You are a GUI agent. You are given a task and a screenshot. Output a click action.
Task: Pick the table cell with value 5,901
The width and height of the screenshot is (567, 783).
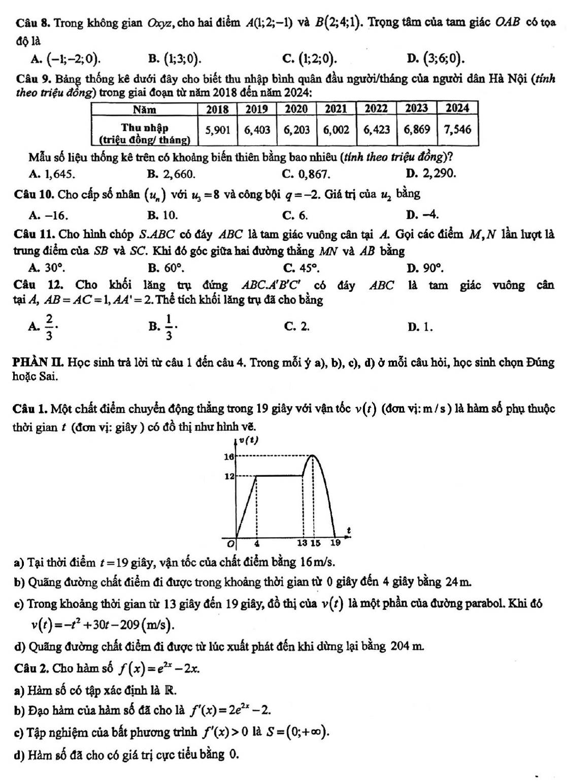point(217,129)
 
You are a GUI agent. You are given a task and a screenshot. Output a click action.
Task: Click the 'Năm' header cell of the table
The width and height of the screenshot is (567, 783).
point(145,109)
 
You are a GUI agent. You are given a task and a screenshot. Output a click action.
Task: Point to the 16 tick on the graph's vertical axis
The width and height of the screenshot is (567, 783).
point(228,456)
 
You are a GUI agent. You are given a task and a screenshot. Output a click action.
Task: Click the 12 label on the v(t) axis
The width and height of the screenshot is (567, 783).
point(228,476)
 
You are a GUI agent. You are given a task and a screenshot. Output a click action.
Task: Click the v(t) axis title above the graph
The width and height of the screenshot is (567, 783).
point(249,440)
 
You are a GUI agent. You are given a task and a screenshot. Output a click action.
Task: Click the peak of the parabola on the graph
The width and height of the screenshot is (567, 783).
point(313,455)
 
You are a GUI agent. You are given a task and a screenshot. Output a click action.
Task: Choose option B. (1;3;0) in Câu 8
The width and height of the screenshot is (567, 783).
point(175,59)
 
